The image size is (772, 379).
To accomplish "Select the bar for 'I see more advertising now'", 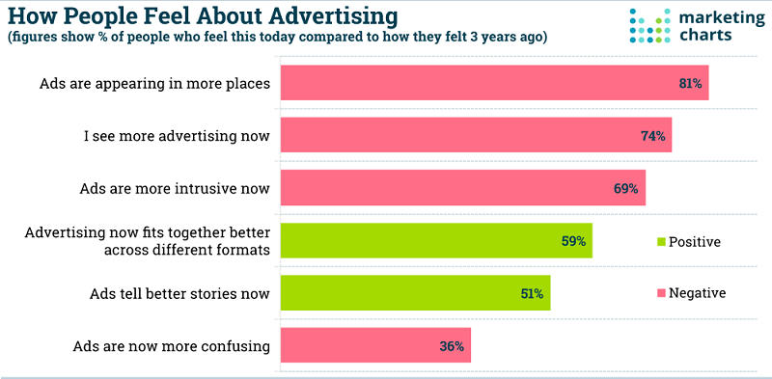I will coord(476,136).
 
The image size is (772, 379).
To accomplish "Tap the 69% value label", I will coord(626,189).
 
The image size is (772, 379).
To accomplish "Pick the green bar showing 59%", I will coord(436,241).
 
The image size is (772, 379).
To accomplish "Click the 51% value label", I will coord(532,293).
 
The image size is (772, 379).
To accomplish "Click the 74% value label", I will coord(653,136).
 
